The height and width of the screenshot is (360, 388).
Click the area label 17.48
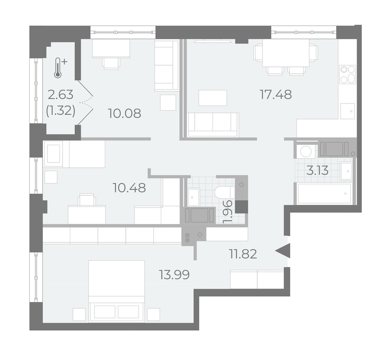275,94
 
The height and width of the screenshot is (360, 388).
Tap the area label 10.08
125,113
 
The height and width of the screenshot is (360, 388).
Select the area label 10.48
129,188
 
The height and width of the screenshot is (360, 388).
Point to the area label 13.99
174,275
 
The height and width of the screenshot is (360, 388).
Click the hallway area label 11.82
243,254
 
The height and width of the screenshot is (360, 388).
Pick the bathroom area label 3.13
317,170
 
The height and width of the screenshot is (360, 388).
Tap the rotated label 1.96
227,211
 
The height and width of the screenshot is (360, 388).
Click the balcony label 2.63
61,94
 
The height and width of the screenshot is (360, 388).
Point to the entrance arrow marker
283,251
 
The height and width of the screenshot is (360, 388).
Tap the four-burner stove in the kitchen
347,74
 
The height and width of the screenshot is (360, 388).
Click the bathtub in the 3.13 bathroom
324,193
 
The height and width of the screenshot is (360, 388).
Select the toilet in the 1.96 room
224,192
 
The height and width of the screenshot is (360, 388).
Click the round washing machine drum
305,151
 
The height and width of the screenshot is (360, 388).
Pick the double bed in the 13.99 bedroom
116,291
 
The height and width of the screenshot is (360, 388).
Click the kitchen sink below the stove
347,111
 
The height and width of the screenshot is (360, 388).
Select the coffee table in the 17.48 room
213,98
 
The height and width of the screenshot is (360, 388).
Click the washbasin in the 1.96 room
194,197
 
